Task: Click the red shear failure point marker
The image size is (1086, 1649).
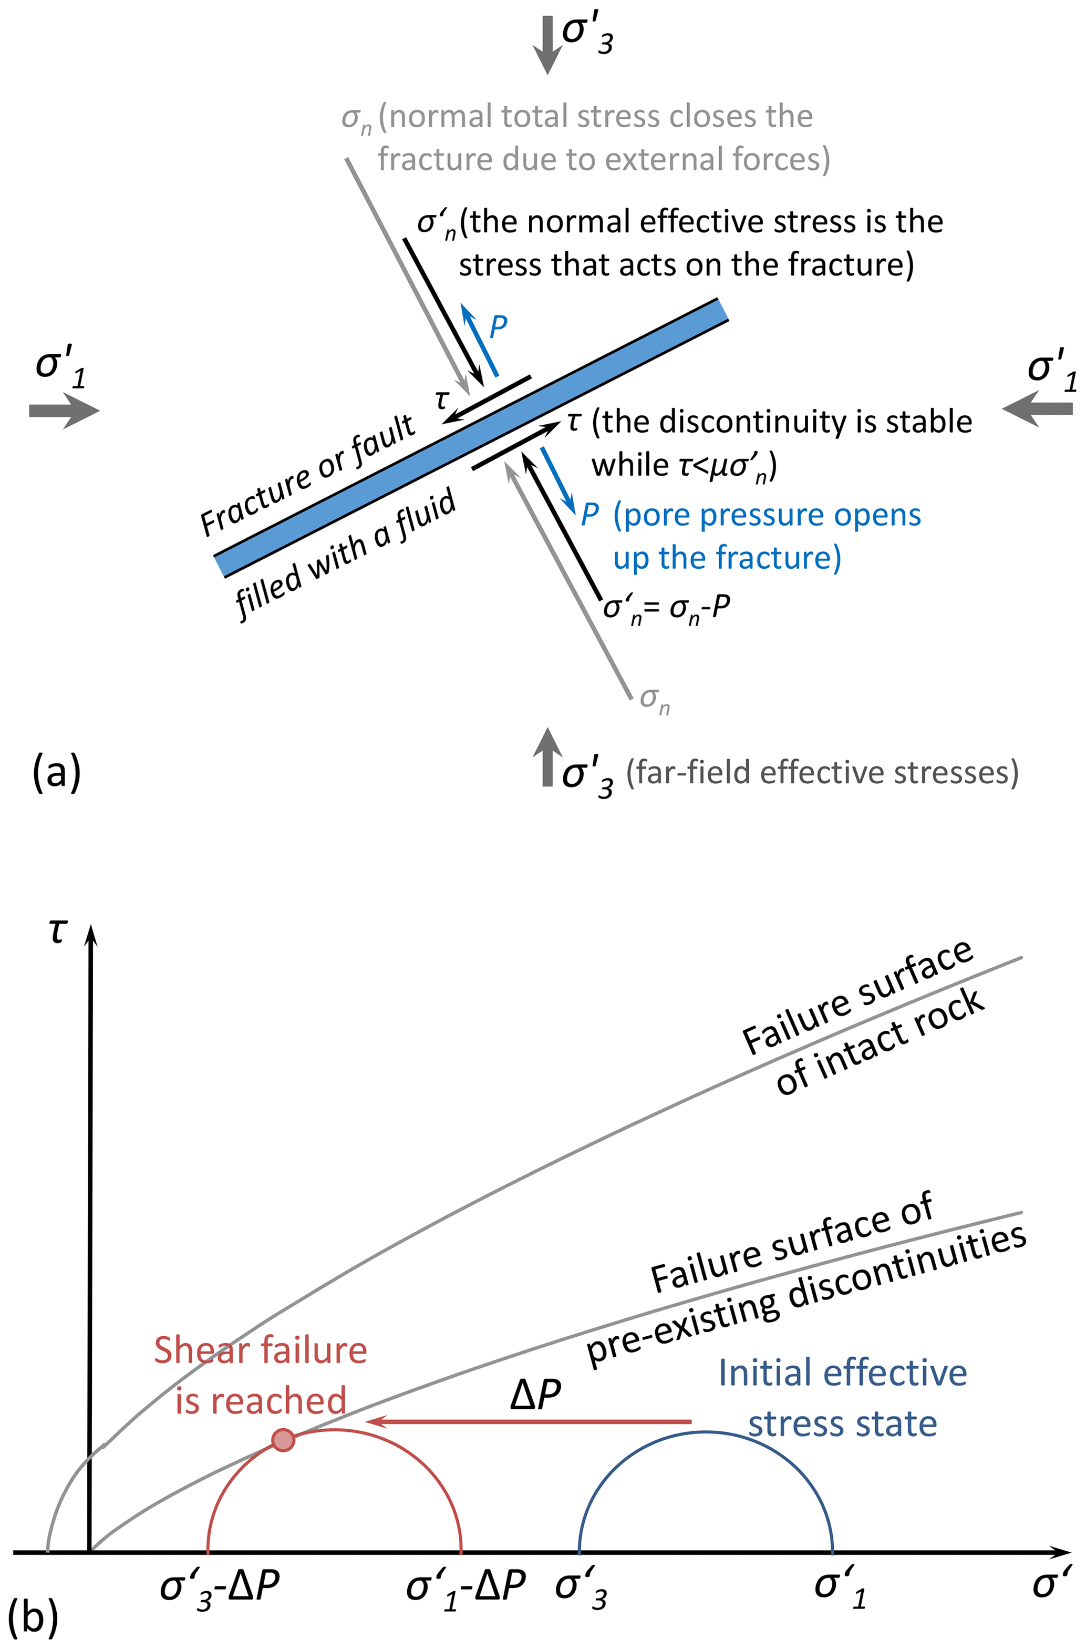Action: point(283,1440)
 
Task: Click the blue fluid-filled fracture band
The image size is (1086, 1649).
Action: point(471,438)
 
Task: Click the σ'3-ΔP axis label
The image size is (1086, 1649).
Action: point(220,1586)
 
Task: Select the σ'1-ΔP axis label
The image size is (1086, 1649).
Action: point(466,1586)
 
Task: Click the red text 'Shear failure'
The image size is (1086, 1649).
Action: point(261,1350)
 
